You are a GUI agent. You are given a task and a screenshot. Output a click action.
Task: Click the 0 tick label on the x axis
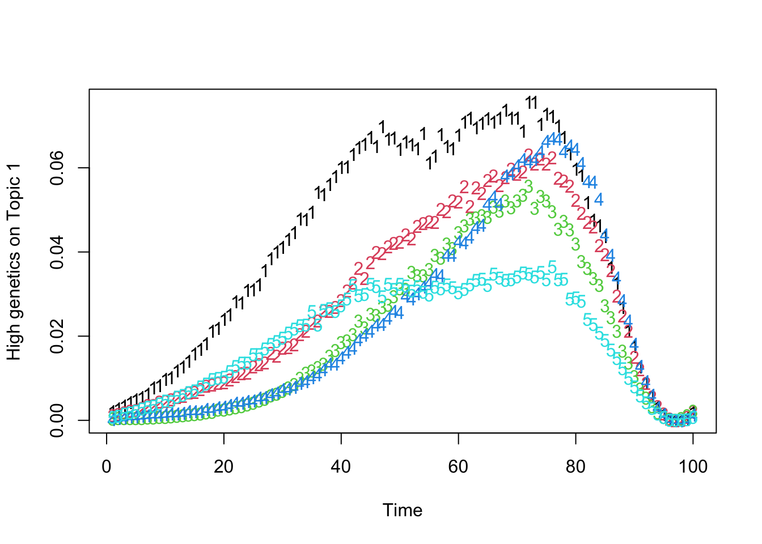[107, 467]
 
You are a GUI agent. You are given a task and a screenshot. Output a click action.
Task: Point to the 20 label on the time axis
[224, 467]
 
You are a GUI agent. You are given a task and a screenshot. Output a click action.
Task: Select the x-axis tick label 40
[341, 467]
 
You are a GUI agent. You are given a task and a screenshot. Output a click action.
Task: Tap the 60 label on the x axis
[458, 467]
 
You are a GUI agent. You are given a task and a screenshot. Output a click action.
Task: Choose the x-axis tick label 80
[575, 467]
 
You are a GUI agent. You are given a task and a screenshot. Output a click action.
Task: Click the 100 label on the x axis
[693, 467]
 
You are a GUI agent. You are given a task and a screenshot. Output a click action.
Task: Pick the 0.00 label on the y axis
[57, 420]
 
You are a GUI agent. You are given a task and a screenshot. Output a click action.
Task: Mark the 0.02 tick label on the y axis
[57, 336]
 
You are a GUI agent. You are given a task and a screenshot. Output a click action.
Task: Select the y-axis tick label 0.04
[57, 252]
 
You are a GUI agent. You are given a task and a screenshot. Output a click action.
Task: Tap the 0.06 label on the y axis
[57, 168]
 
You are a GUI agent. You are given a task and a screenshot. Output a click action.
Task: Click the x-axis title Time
[403, 511]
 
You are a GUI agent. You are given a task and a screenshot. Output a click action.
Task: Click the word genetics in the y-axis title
[14, 279]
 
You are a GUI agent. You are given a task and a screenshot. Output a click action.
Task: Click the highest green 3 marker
[528, 185]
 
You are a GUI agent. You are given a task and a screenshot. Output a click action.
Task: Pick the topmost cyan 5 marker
[552, 267]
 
